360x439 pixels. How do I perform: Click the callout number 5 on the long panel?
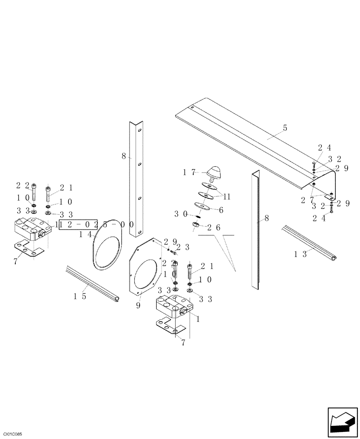285,128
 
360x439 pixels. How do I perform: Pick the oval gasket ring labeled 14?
108,244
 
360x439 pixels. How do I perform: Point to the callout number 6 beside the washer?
221,211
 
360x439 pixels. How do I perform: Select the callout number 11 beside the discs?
227,197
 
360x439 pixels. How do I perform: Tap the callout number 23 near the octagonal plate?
184,247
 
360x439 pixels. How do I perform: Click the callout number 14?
85,235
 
